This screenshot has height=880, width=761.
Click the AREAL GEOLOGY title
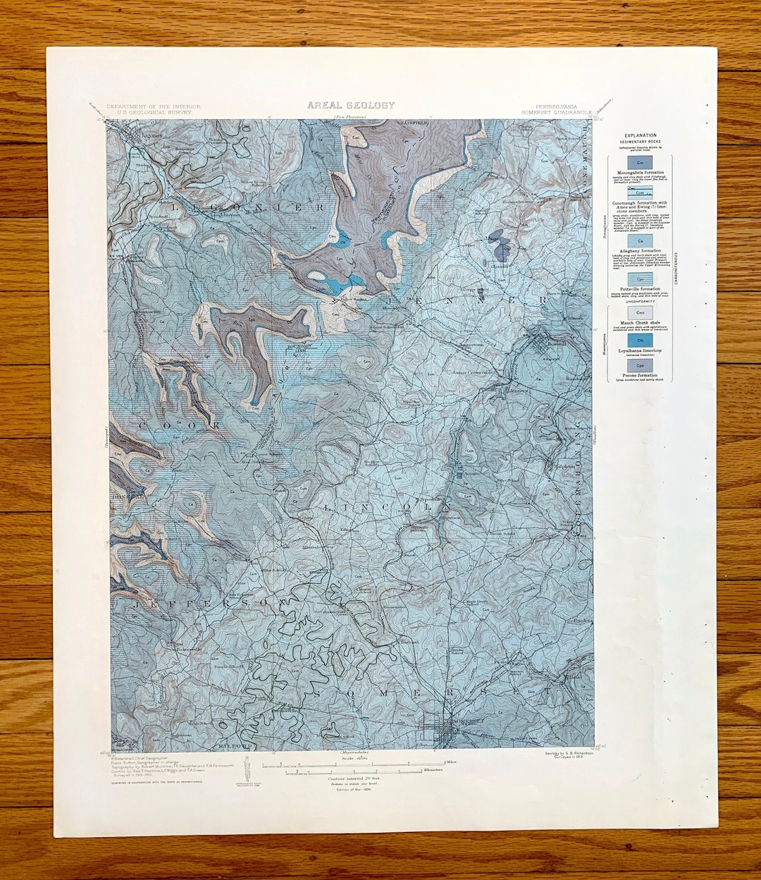pyautogui.click(x=350, y=105)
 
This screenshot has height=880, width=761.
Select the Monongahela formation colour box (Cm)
pyautogui.click(x=640, y=163)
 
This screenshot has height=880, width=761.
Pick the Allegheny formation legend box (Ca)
pyautogui.click(x=640, y=240)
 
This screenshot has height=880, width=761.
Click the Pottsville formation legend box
pyautogui.click(x=640, y=279)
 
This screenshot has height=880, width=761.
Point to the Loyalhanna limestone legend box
pyautogui.click(x=640, y=341)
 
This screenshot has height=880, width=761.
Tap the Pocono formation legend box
pyautogui.click(x=640, y=367)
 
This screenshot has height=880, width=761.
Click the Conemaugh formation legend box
pyautogui.click(x=640, y=192)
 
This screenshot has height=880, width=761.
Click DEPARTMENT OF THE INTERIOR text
pyautogui.click(x=154, y=106)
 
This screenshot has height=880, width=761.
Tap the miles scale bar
pyautogui.click(x=353, y=763)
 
